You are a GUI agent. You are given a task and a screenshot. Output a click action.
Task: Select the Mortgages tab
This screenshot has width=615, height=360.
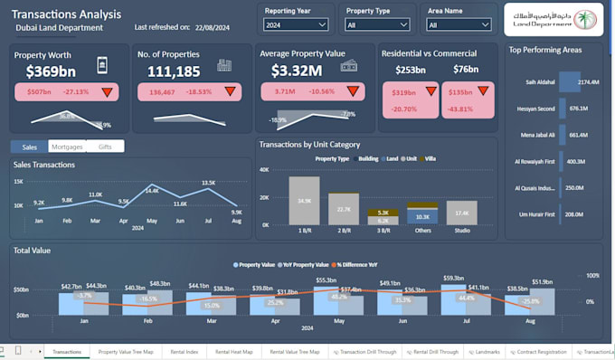click(x=67, y=147)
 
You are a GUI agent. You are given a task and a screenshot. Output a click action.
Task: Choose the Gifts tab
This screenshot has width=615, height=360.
click(x=106, y=147)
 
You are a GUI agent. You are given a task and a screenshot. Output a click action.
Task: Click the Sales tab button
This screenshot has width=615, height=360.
click(x=30, y=147)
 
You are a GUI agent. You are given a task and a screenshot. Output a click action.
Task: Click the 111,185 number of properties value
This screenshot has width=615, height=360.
click(x=174, y=71)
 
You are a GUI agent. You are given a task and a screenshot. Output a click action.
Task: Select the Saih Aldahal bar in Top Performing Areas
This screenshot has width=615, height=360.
click(x=569, y=82)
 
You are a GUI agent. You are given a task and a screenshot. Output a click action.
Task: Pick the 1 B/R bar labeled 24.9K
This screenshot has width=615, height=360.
click(x=304, y=200)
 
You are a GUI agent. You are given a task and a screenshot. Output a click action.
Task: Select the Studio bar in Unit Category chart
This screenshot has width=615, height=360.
click(x=462, y=213)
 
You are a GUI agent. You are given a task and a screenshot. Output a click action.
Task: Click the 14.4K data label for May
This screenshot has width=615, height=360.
click(x=152, y=190)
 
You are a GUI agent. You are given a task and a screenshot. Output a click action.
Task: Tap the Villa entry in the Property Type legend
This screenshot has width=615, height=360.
click(x=430, y=158)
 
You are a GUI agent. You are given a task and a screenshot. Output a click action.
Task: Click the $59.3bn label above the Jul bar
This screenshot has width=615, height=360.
click(x=466, y=278)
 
